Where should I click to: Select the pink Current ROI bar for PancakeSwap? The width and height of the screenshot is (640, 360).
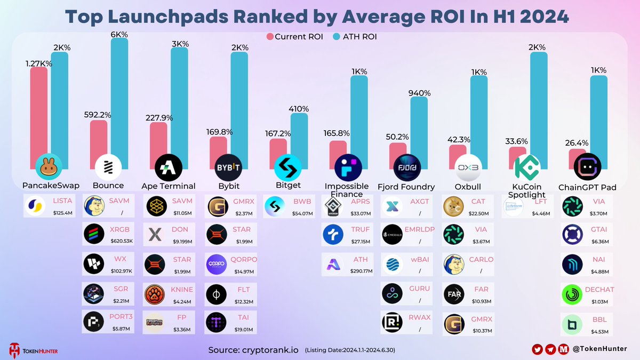click(38, 112)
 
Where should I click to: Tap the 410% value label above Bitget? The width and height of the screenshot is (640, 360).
click(299, 109)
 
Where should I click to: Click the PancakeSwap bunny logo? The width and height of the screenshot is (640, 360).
click(49, 167)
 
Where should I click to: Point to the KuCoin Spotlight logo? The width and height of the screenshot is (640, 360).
click(527, 167)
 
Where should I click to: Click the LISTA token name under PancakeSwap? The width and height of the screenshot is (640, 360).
click(63, 201)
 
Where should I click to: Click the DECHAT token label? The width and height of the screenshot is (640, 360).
click(599, 290)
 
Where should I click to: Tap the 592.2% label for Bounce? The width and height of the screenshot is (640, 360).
click(97, 114)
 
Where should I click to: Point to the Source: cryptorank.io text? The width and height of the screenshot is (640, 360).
click(254, 350)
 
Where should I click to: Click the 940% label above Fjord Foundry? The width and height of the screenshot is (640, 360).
click(419, 92)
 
